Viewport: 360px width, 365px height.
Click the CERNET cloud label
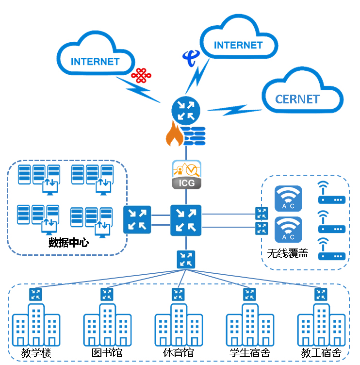coord(297,99)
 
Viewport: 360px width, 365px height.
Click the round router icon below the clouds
coord(186,110)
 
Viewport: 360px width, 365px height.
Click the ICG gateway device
coord(186,174)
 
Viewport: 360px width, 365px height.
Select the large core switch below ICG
coord(186,220)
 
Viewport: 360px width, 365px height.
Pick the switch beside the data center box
coord(137,219)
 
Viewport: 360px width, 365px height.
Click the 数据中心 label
coord(68,242)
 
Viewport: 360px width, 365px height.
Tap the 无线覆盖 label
coord(287,253)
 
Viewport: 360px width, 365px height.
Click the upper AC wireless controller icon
coord(288,199)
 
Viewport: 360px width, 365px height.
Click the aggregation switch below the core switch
coord(186,259)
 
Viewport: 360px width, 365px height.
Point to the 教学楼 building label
coord(36,353)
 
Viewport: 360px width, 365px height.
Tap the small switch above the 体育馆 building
coord(179,294)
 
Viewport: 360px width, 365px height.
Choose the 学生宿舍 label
coord(250,353)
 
